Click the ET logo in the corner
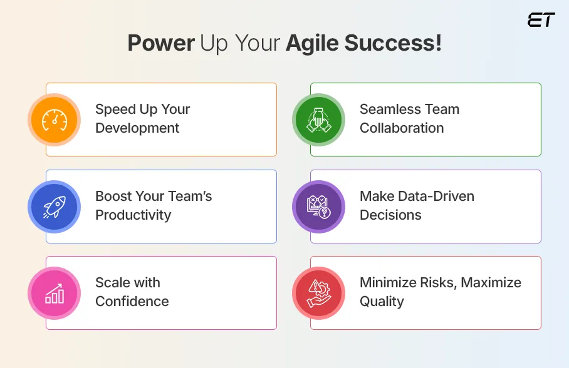541,19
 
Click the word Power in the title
161,44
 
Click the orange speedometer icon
54,119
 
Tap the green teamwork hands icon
318,119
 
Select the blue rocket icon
54,206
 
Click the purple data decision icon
318,206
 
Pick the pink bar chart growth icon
54,292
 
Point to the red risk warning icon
318,292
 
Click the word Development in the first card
137,128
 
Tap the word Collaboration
401,128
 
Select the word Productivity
133,215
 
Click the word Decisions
390,215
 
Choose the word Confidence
132,302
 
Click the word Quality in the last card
381,302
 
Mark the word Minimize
387,283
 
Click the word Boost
113,197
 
